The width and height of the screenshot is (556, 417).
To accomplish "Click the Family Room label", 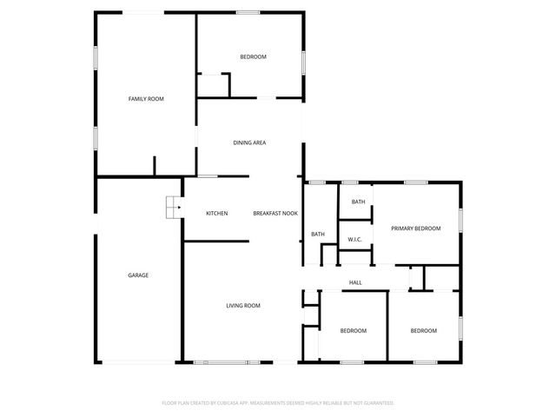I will (x=146, y=99).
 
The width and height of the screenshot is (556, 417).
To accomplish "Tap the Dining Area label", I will (x=249, y=142).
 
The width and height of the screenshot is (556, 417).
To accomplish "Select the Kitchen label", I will (x=216, y=214).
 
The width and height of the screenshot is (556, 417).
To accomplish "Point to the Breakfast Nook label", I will (x=275, y=214).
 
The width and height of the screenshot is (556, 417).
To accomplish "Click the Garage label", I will (x=138, y=275).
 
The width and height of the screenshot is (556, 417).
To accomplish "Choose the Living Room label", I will (x=243, y=306).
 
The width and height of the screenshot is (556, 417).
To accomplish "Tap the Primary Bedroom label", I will (x=415, y=228).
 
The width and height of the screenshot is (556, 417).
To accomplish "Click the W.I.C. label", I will (x=354, y=239).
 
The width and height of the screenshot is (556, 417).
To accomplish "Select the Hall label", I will (x=355, y=282).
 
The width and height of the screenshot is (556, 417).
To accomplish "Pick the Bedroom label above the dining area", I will (x=253, y=57).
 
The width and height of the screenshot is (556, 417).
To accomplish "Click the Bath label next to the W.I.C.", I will (x=318, y=234).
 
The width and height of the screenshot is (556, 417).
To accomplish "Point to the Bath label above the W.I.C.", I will (x=358, y=202).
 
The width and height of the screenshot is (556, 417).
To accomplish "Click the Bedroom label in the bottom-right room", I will (x=423, y=331).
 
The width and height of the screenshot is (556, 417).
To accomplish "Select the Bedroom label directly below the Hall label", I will (x=353, y=331).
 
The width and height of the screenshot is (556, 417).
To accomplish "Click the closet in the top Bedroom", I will (x=214, y=85).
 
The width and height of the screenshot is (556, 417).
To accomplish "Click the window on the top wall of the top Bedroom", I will (x=248, y=12).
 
